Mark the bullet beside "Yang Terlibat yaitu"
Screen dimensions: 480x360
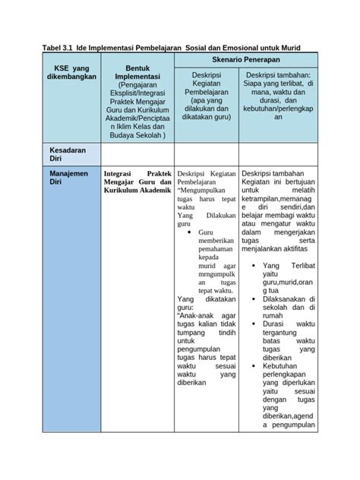[251, 265]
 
